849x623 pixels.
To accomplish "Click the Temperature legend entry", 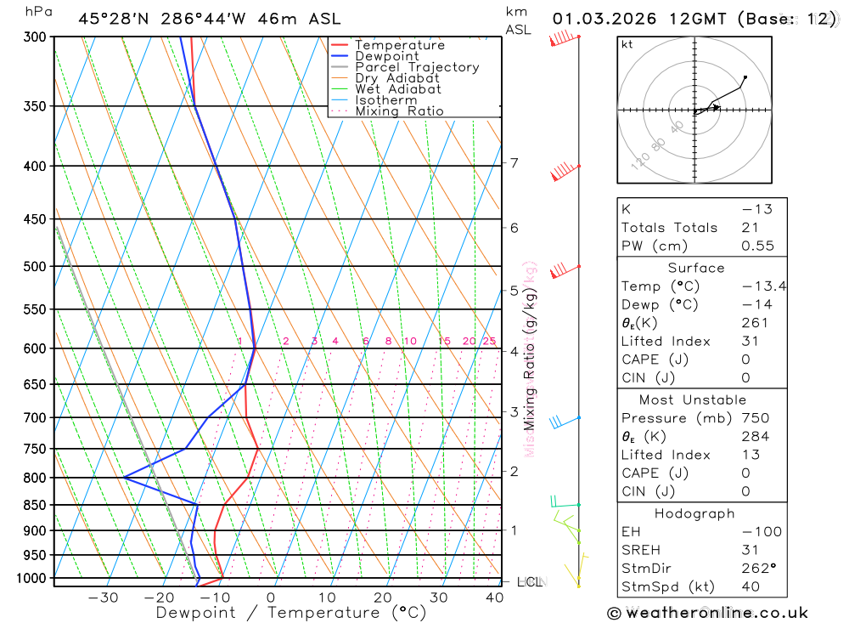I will (399, 45).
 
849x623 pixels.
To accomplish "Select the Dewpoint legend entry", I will (386, 56).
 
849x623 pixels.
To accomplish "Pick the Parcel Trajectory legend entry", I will (417, 67).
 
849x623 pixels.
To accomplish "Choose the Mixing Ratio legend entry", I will (399, 111).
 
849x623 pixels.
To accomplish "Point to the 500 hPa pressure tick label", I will (36, 267).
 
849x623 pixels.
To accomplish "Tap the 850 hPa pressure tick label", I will (36, 505).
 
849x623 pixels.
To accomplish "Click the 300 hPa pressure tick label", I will (36, 37).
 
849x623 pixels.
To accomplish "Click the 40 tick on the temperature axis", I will (494, 598).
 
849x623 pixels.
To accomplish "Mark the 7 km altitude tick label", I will (514, 163).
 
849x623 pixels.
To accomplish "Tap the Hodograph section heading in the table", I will (695, 513).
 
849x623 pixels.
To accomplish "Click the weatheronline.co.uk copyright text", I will (707, 613).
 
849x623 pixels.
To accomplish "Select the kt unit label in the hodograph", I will (627, 45).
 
